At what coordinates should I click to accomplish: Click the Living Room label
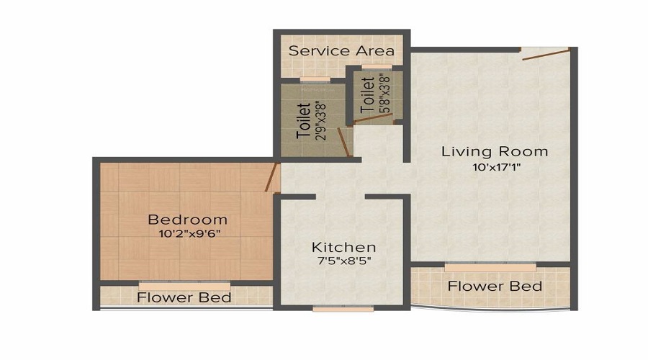[x=495, y=152]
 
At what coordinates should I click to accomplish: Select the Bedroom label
[x=187, y=220]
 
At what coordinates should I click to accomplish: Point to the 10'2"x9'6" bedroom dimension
[x=187, y=234]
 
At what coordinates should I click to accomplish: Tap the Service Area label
[x=341, y=51]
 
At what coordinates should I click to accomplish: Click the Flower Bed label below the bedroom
[x=184, y=297]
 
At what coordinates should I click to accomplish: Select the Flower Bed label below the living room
[x=495, y=286]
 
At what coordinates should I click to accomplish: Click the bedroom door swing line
[x=271, y=177]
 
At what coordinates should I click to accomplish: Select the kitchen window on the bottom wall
[x=343, y=309]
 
